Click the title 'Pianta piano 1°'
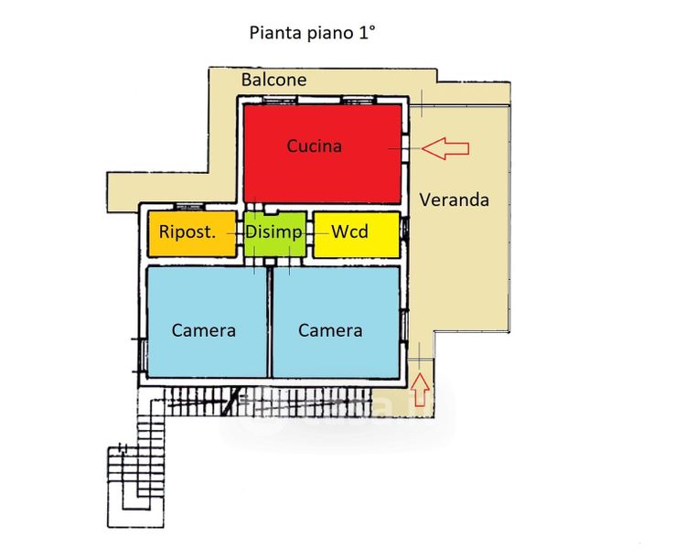tap(312, 33)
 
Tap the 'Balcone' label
tap(273, 80)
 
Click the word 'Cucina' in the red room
tap(315, 146)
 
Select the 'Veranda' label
tap(455, 199)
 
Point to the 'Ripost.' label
tap(187, 231)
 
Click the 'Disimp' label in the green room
tap(273, 232)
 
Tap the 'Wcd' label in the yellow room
tap(349, 232)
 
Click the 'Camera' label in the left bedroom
tap(204, 330)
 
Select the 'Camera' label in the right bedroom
tap(330, 330)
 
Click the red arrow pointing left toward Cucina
tap(445, 148)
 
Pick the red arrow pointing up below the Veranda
tap(420, 390)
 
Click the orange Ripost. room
tap(192, 234)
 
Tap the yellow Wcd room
tap(357, 234)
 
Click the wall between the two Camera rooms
tap(270, 322)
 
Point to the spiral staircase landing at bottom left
tap(135, 487)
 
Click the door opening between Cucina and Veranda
tap(405, 148)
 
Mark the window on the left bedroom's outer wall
tap(141, 355)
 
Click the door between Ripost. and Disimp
tap(241, 233)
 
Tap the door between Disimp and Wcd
tap(309, 233)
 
